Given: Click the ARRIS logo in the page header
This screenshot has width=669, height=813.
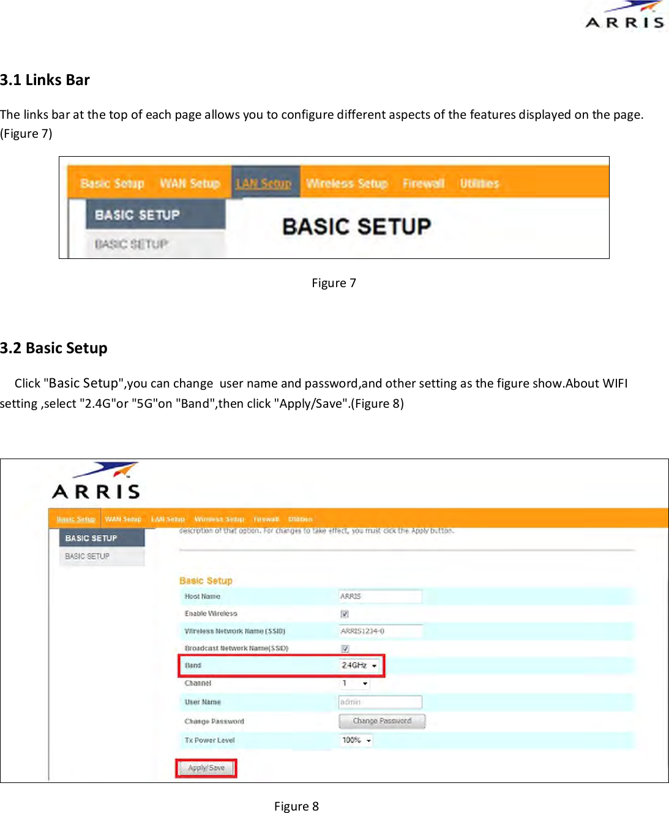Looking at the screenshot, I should [x=625, y=16].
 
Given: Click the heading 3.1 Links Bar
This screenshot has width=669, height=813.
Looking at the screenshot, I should [x=45, y=80].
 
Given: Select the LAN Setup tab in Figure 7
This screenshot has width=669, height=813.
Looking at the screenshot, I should [x=264, y=183].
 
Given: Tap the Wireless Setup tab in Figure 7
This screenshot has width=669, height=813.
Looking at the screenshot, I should [x=346, y=183].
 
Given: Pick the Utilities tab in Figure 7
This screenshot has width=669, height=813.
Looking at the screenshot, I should [x=479, y=183].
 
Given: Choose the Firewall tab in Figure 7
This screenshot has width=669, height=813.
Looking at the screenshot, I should [x=423, y=183].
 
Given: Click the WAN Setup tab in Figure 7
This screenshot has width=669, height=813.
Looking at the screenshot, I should [x=190, y=183].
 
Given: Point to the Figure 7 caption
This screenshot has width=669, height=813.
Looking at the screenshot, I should [x=334, y=283].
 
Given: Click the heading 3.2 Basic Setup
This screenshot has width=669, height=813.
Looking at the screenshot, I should [x=54, y=348].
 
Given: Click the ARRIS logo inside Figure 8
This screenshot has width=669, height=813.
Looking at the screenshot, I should [x=97, y=482].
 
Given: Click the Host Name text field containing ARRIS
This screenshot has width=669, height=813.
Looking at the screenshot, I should [x=380, y=596].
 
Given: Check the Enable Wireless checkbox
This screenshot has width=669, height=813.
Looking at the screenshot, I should [x=345, y=613].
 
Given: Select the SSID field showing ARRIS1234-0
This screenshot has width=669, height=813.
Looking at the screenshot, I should [x=380, y=631].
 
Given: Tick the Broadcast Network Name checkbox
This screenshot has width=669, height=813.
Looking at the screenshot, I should [x=345, y=648].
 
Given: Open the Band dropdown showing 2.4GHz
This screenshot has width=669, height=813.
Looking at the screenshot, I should [x=360, y=665].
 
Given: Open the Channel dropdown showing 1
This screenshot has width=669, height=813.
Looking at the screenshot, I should [x=355, y=683].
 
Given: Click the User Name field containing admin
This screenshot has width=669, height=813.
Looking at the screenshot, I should [x=380, y=702].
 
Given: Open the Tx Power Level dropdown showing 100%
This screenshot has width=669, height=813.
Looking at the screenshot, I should [x=356, y=740].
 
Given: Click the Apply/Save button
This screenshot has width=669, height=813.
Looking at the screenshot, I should [x=206, y=768].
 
